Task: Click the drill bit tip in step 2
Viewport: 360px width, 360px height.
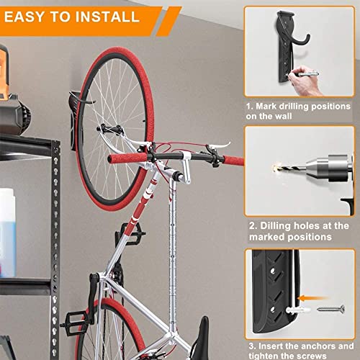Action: [276, 168]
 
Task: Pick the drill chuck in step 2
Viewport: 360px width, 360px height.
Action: [306, 171]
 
